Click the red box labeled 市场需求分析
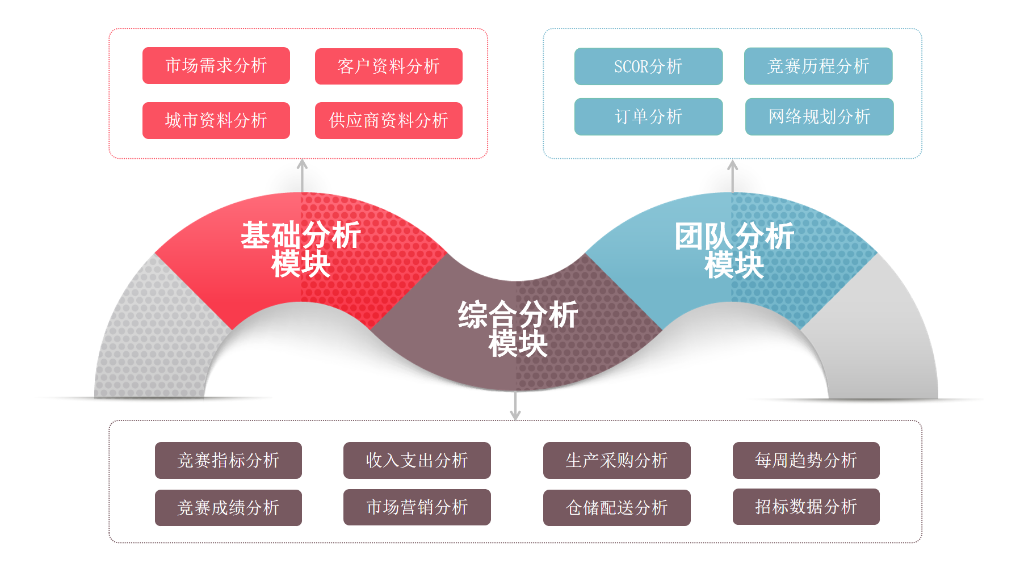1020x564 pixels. (x=216, y=66)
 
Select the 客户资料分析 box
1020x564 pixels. (x=389, y=66)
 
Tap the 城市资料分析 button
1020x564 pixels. (x=216, y=120)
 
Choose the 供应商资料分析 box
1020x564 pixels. (x=389, y=120)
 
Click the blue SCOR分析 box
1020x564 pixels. (x=648, y=66)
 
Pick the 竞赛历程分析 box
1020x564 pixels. (x=818, y=66)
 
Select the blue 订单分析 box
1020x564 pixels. (x=648, y=117)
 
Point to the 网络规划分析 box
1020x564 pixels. (x=819, y=117)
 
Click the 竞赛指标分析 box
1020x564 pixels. (x=228, y=460)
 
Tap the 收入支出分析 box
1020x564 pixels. (x=417, y=460)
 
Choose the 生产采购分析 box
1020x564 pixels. (x=616, y=460)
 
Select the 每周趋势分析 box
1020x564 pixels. (x=806, y=460)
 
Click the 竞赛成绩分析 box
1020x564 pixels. (x=228, y=507)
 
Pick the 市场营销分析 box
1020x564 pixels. (x=417, y=507)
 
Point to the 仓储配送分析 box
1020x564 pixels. (x=616, y=507)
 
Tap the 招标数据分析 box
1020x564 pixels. (x=806, y=506)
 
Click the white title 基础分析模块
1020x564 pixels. (x=301, y=250)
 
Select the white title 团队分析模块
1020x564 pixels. (x=734, y=250)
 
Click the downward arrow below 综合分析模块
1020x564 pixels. (x=515, y=407)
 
